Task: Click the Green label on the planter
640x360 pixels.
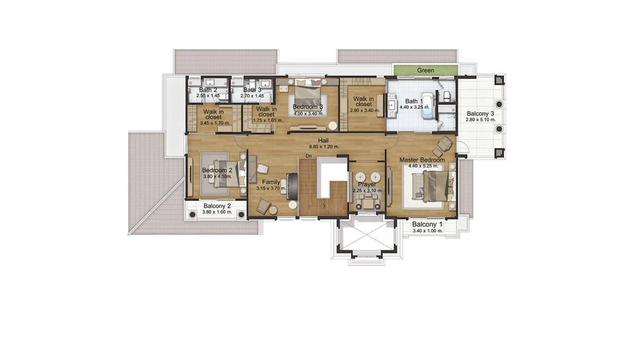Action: click(x=425, y=70)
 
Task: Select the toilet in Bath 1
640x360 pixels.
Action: click(x=447, y=96)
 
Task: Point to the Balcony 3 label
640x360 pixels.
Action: click(x=480, y=114)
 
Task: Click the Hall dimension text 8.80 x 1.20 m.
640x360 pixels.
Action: click(x=324, y=147)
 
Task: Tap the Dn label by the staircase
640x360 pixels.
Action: click(x=309, y=156)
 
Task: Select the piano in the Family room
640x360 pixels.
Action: click(x=292, y=186)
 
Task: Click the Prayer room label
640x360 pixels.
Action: click(x=367, y=184)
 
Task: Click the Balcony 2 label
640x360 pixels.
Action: click(x=217, y=206)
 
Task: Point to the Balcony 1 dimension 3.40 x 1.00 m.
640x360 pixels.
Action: click(x=428, y=231)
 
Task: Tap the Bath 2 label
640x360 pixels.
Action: click(x=208, y=90)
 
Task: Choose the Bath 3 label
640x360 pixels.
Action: click(x=252, y=90)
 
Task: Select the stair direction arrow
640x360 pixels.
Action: click(x=317, y=206)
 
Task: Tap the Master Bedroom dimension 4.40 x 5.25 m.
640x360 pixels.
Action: click(x=423, y=166)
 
